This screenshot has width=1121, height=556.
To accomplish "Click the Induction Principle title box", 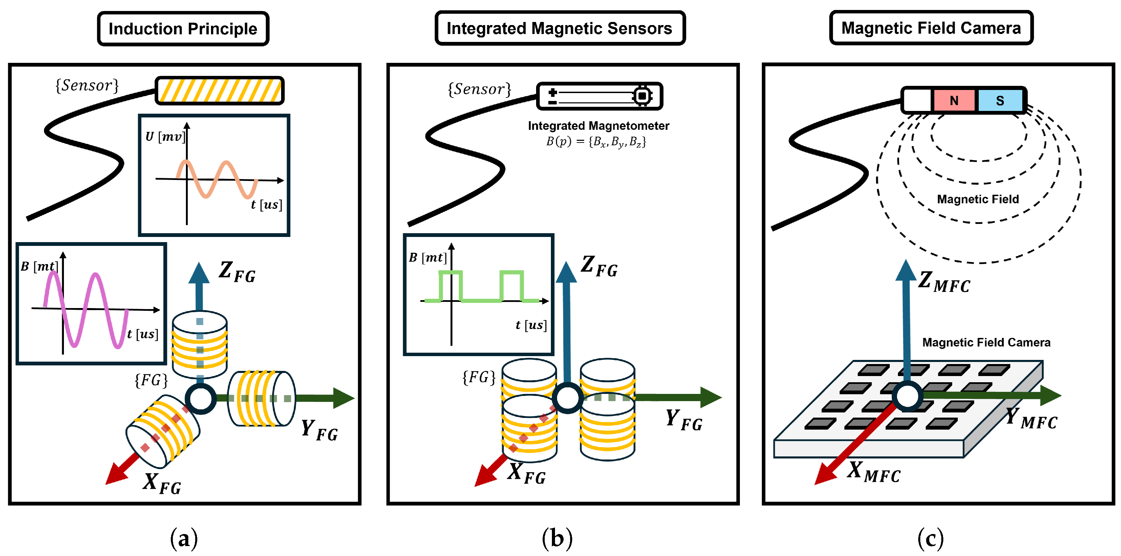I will pos(183,29).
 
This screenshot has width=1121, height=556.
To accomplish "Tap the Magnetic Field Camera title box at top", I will pos(931,28).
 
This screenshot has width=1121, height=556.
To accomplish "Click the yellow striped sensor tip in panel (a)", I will pos(219,90).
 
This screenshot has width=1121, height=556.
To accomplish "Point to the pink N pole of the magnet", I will pos(954,100).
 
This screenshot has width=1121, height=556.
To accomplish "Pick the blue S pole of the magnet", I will pos(1000,100).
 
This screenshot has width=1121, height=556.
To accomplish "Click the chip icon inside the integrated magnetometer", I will pos(642,95).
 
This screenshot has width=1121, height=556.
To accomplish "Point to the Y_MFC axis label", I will pos(1031,418).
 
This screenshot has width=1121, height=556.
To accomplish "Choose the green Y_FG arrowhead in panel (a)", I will pos(344,398).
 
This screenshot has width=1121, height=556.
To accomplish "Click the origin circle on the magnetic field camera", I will pos(907,396).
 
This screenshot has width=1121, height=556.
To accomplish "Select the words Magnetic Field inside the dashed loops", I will pos(978,199).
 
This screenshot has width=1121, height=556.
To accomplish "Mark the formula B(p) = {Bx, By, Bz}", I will pos(596,142).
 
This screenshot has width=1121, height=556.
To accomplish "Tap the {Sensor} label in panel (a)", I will pos(87,85).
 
